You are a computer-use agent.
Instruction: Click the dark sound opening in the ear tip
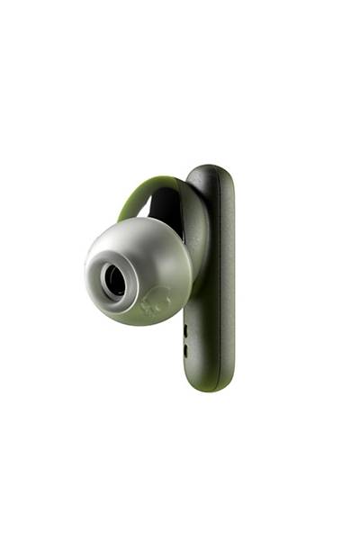click(114, 281)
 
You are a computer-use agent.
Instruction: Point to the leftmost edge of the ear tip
click(85, 270)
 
